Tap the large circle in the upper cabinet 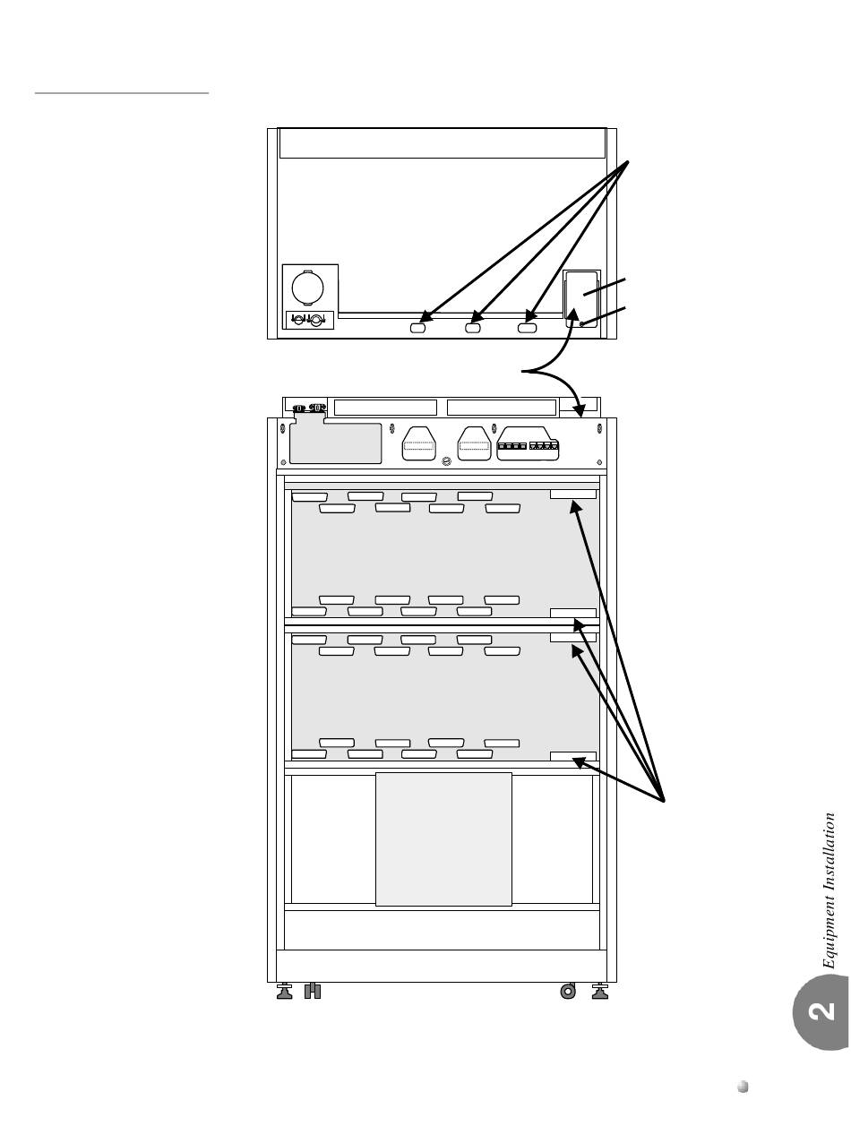pyautogui.click(x=308, y=287)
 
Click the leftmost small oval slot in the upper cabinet pyautogui.click(x=417, y=329)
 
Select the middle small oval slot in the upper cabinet pyautogui.click(x=473, y=329)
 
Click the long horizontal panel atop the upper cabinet pyautogui.click(x=442, y=143)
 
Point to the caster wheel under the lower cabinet pyautogui.click(x=567, y=991)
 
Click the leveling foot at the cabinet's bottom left pyautogui.click(x=285, y=992)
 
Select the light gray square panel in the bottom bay pyautogui.click(x=443, y=838)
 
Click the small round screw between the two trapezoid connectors pyautogui.click(x=446, y=462)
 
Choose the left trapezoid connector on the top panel pyautogui.click(x=418, y=443)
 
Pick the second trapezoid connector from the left pyautogui.click(x=474, y=443)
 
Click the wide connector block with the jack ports pyautogui.click(x=529, y=445)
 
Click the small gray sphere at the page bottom pyautogui.click(x=743, y=1088)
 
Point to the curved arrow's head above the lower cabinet pyautogui.click(x=583, y=413)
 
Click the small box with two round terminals pyautogui.click(x=309, y=319)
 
